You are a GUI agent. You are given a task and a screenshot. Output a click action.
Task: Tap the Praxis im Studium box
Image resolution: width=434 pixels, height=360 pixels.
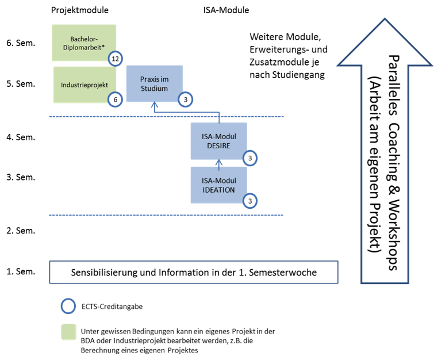click(x=154, y=83)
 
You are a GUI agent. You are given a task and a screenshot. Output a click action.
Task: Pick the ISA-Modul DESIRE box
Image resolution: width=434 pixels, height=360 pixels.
click(x=218, y=140)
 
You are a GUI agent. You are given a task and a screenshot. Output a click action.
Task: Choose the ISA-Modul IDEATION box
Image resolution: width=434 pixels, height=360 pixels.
click(x=218, y=185)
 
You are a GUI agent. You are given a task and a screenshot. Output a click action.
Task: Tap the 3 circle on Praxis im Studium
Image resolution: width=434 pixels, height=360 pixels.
click(x=185, y=99)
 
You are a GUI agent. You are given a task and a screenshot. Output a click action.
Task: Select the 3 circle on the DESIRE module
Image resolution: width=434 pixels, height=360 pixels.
click(x=249, y=158)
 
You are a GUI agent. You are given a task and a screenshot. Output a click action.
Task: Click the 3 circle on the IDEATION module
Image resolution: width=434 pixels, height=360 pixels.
click(x=249, y=201)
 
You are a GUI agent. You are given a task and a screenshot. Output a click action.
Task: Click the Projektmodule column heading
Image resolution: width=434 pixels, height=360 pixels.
click(x=79, y=10)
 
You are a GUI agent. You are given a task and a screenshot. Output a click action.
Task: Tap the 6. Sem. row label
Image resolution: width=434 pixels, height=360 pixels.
click(x=21, y=43)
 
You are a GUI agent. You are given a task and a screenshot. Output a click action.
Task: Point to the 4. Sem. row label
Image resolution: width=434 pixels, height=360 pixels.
click(x=21, y=138)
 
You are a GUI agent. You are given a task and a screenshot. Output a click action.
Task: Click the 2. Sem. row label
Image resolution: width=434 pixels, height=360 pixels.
click(x=21, y=230)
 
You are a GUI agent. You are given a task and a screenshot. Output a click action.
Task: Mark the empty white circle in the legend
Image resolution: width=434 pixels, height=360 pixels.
click(x=68, y=307)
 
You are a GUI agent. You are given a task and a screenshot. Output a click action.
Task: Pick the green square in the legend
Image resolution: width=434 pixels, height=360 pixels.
click(x=68, y=332)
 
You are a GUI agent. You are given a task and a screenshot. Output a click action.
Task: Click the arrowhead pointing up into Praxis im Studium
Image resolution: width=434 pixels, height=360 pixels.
click(x=154, y=105)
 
